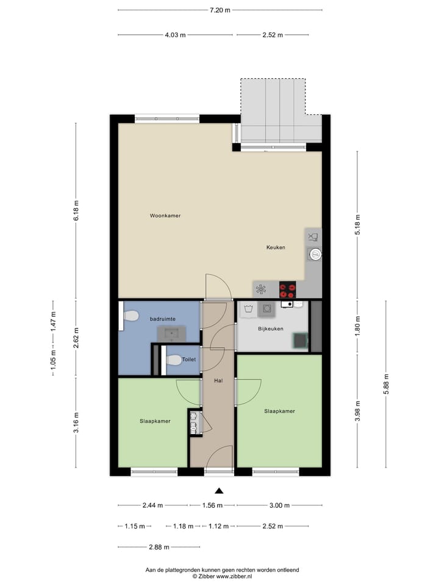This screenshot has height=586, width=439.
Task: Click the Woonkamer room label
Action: (165, 215)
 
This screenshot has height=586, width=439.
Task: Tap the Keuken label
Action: (276, 247)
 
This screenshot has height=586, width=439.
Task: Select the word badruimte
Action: (162, 318)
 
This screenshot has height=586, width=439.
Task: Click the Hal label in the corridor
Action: (218, 381)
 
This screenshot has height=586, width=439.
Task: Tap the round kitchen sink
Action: (315, 254)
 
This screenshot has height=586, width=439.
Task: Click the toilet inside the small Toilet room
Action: (173, 360)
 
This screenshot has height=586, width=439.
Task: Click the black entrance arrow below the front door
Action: (220, 490)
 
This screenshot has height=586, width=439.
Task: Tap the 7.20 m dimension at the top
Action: (220, 10)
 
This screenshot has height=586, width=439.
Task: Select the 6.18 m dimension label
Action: (76, 211)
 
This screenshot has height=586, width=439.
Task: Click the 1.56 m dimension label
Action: (212, 505)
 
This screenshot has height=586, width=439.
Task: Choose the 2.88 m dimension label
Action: (159, 547)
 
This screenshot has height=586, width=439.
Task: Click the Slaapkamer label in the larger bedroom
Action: (279, 411)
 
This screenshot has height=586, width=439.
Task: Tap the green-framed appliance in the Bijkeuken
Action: (300, 341)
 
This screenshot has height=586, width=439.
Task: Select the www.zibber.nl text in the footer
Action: (234, 576)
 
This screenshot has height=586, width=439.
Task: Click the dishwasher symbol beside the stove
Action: (261, 289)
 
